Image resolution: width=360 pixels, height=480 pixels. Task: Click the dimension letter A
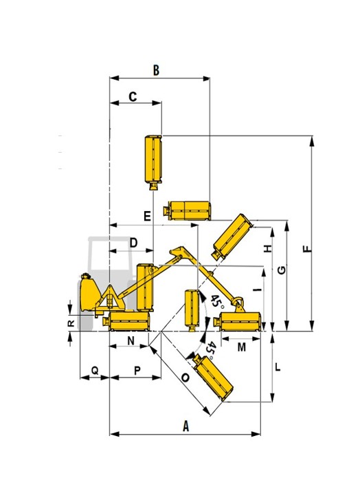pyautogui.click(x=185, y=426)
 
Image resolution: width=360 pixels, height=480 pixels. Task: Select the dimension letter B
pyautogui.click(x=156, y=70)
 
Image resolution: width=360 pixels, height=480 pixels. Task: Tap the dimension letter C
pyautogui.click(x=133, y=97)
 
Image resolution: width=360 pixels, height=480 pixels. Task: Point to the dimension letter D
pyautogui.click(x=134, y=243)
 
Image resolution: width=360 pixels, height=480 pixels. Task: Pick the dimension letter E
pyautogui.click(x=148, y=217)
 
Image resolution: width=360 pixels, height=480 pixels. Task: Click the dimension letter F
pyautogui.click(x=308, y=248)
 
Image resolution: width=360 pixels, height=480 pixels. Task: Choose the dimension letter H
pyautogui.click(x=268, y=248)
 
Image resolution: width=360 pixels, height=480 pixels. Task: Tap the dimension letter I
pyautogui.click(x=258, y=289)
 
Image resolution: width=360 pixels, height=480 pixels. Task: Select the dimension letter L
pyautogui.click(x=278, y=367)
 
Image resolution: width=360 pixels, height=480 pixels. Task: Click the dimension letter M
pyautogui.click(x=242, y=347)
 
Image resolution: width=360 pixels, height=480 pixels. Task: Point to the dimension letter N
pyautogui.click(x=131, y=340)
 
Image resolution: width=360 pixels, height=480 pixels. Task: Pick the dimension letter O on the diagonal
pyautogui.click(x=185, y=378)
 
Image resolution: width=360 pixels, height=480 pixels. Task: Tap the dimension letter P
pyautogui.click(x=137, y=371)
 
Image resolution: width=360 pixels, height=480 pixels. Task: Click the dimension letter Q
pyautogui.click(x=95, y=371)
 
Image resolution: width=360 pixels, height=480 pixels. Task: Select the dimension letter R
pyautogui.click(x=71, y=323)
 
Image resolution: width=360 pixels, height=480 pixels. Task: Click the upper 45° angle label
pyautogui.click(x=216, y=302)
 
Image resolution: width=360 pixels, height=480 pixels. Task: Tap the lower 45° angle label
pyautogui.click(x=210, y=351)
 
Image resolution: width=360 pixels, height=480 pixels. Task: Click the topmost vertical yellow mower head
pyautogui.click(x=153, y=162)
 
